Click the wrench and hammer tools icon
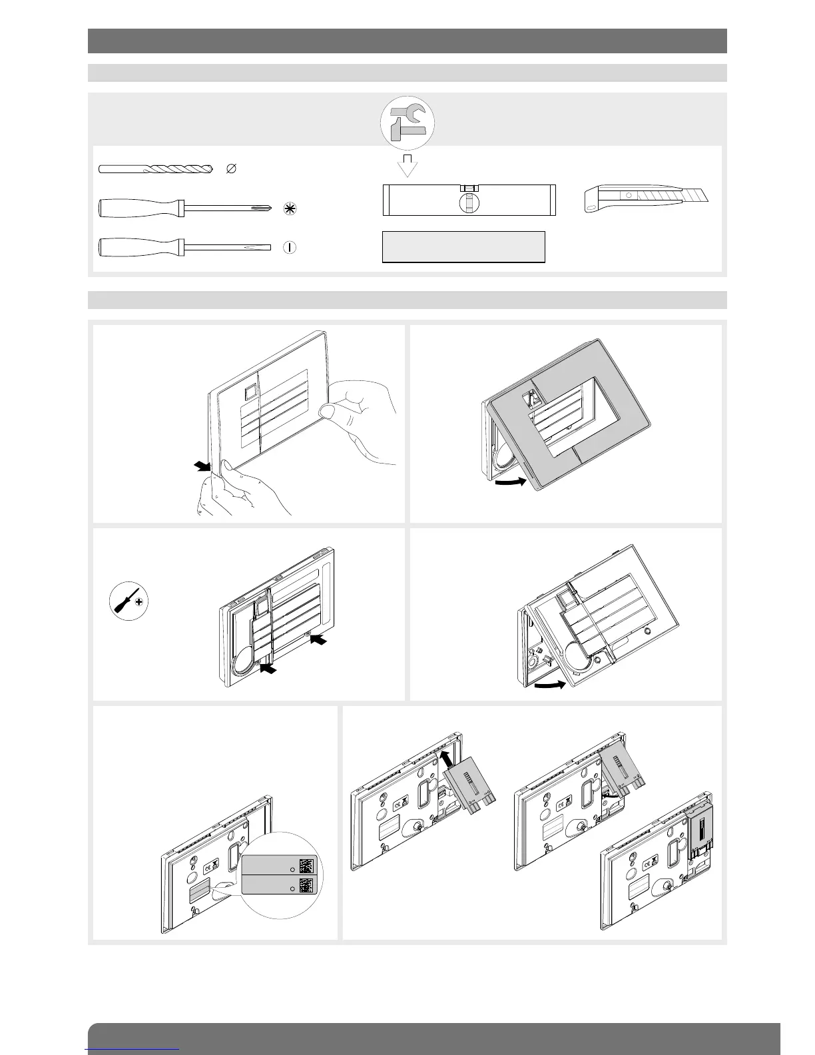[x=407, y=123]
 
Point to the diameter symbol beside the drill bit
[x=231, y=169]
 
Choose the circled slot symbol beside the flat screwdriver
[x=289, y=247]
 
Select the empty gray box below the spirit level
[x=463, y=247]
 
